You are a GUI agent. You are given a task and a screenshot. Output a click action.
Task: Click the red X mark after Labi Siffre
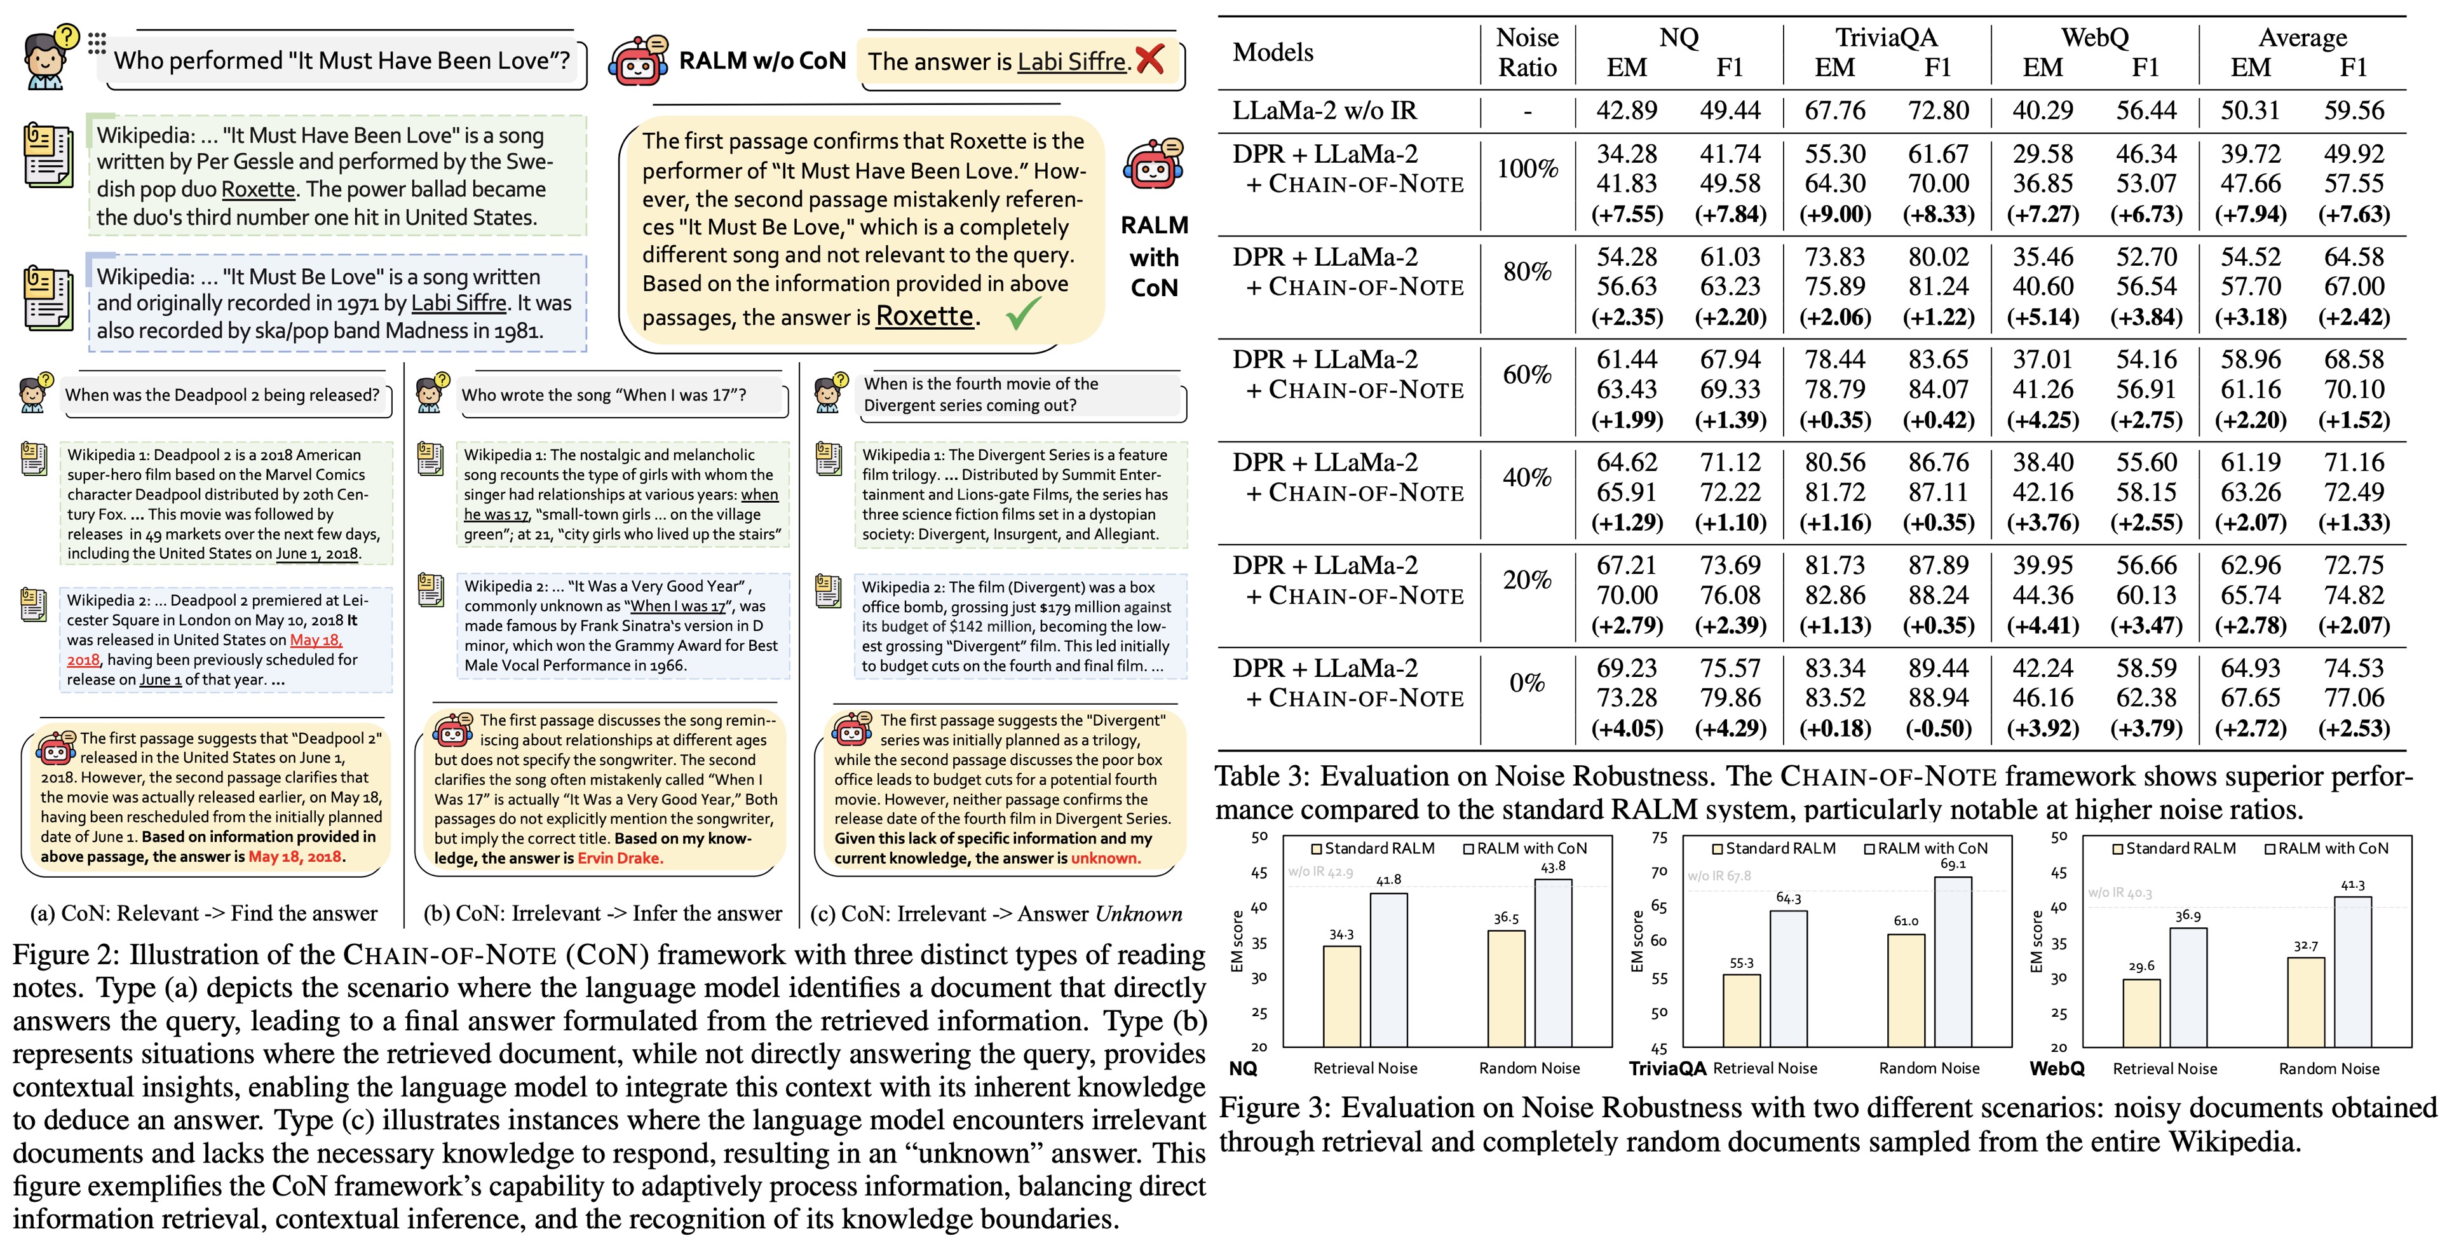coord(1150,60)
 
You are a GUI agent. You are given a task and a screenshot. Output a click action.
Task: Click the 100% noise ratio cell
coord(1527,168)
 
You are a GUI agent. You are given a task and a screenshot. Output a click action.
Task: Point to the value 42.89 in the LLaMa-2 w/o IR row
coord(1627,111)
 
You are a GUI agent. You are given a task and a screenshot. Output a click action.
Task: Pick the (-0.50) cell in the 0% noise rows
coord(1938,728)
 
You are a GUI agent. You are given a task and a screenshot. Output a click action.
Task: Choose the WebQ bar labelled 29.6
coord(2141,1012)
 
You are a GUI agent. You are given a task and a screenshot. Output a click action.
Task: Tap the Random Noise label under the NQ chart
coord(1529,1068)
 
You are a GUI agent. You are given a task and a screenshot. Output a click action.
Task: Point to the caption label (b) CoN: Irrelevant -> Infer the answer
coord(602,913)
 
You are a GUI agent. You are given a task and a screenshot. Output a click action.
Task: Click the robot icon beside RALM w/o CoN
coord(637,60)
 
